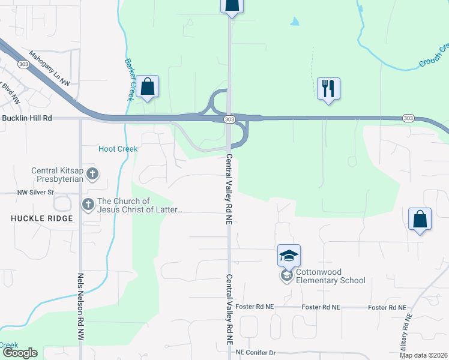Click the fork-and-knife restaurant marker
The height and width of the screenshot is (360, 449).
(x=328, y=88)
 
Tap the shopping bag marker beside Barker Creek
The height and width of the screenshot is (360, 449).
(x=147, y=86)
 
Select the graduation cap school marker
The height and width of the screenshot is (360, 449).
(x=289, y=256)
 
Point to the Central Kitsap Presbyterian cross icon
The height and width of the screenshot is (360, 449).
(x=92, y=175)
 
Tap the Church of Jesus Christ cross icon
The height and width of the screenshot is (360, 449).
(x=88, y=205)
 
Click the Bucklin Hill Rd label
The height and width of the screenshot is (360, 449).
(x=27, y=119)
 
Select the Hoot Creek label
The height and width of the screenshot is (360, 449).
(x=118, y=149)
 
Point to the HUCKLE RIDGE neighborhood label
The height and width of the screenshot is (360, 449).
(x=41, y=218)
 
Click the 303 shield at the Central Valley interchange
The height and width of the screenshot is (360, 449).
(x=230, y=119)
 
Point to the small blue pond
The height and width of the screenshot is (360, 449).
(x=294, y=22)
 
